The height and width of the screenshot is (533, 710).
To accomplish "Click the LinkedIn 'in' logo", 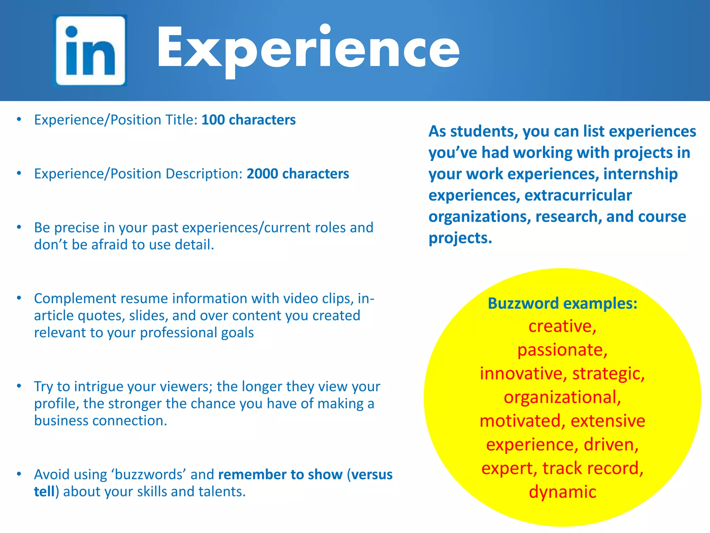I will [x=90, y=50].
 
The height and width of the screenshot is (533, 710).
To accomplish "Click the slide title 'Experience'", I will [x=308, y=49].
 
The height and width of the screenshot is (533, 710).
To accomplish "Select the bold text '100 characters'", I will [x=249, y=120].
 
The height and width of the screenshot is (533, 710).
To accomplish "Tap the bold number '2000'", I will [x=262, y=174].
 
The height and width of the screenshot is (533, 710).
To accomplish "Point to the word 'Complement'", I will [x=75, y=298].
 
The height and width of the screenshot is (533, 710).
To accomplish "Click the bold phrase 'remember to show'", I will [x=280, y=474].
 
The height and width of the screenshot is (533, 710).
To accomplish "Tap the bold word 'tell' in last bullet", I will [x=44, y=492].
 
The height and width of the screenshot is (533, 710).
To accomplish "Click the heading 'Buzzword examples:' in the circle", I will [x=562, y=303].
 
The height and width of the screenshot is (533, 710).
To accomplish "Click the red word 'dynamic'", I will [x=562, y=492].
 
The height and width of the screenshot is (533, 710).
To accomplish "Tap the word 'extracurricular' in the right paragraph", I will [x=578, y=195].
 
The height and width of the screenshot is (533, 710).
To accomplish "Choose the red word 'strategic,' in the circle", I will [x=608, y=374].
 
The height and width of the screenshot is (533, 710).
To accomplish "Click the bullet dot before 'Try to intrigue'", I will [x=19, y=386].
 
